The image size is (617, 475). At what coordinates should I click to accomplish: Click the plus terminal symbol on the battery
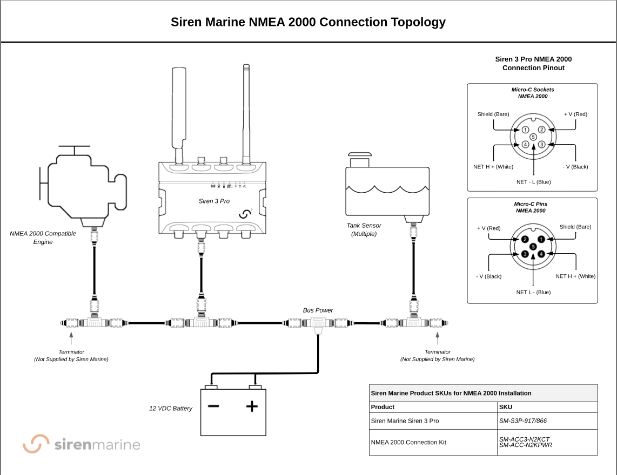[252, 406]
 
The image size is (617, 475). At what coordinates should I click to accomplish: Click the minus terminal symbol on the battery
[213, 405]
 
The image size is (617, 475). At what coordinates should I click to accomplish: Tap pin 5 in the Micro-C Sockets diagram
[533, 137]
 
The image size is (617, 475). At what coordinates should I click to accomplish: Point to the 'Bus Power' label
[318, 310]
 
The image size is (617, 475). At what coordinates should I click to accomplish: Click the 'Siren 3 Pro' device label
[214, 201]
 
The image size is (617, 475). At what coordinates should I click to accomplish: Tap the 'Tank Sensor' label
[364, 226]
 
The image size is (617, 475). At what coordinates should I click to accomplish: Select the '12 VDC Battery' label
[171, 409]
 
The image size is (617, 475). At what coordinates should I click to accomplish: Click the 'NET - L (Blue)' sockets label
[533, 182]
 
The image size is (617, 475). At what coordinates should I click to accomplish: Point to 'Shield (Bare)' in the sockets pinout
[493, 114]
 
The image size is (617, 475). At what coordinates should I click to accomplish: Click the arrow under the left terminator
[71, 338]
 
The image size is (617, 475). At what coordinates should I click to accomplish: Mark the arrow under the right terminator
[437, 338]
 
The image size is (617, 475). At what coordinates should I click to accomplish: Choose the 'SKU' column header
[506, 407]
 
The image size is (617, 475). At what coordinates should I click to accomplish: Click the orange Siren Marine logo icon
[36, 444]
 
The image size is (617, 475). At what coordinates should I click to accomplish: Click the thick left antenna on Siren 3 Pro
[179, 108]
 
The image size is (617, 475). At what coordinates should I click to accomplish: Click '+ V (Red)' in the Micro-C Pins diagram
[488, 228]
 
